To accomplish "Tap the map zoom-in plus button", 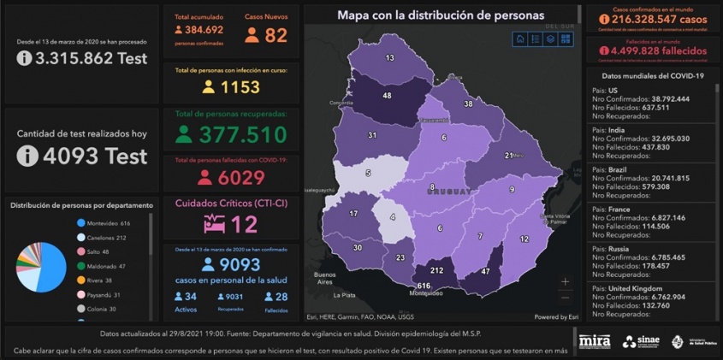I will (565, 280).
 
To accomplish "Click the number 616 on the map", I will (422, 286).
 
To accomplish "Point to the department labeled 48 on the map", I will (387, 96).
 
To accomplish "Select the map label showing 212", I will (436, 270).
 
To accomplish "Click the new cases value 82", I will (276, 35).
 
